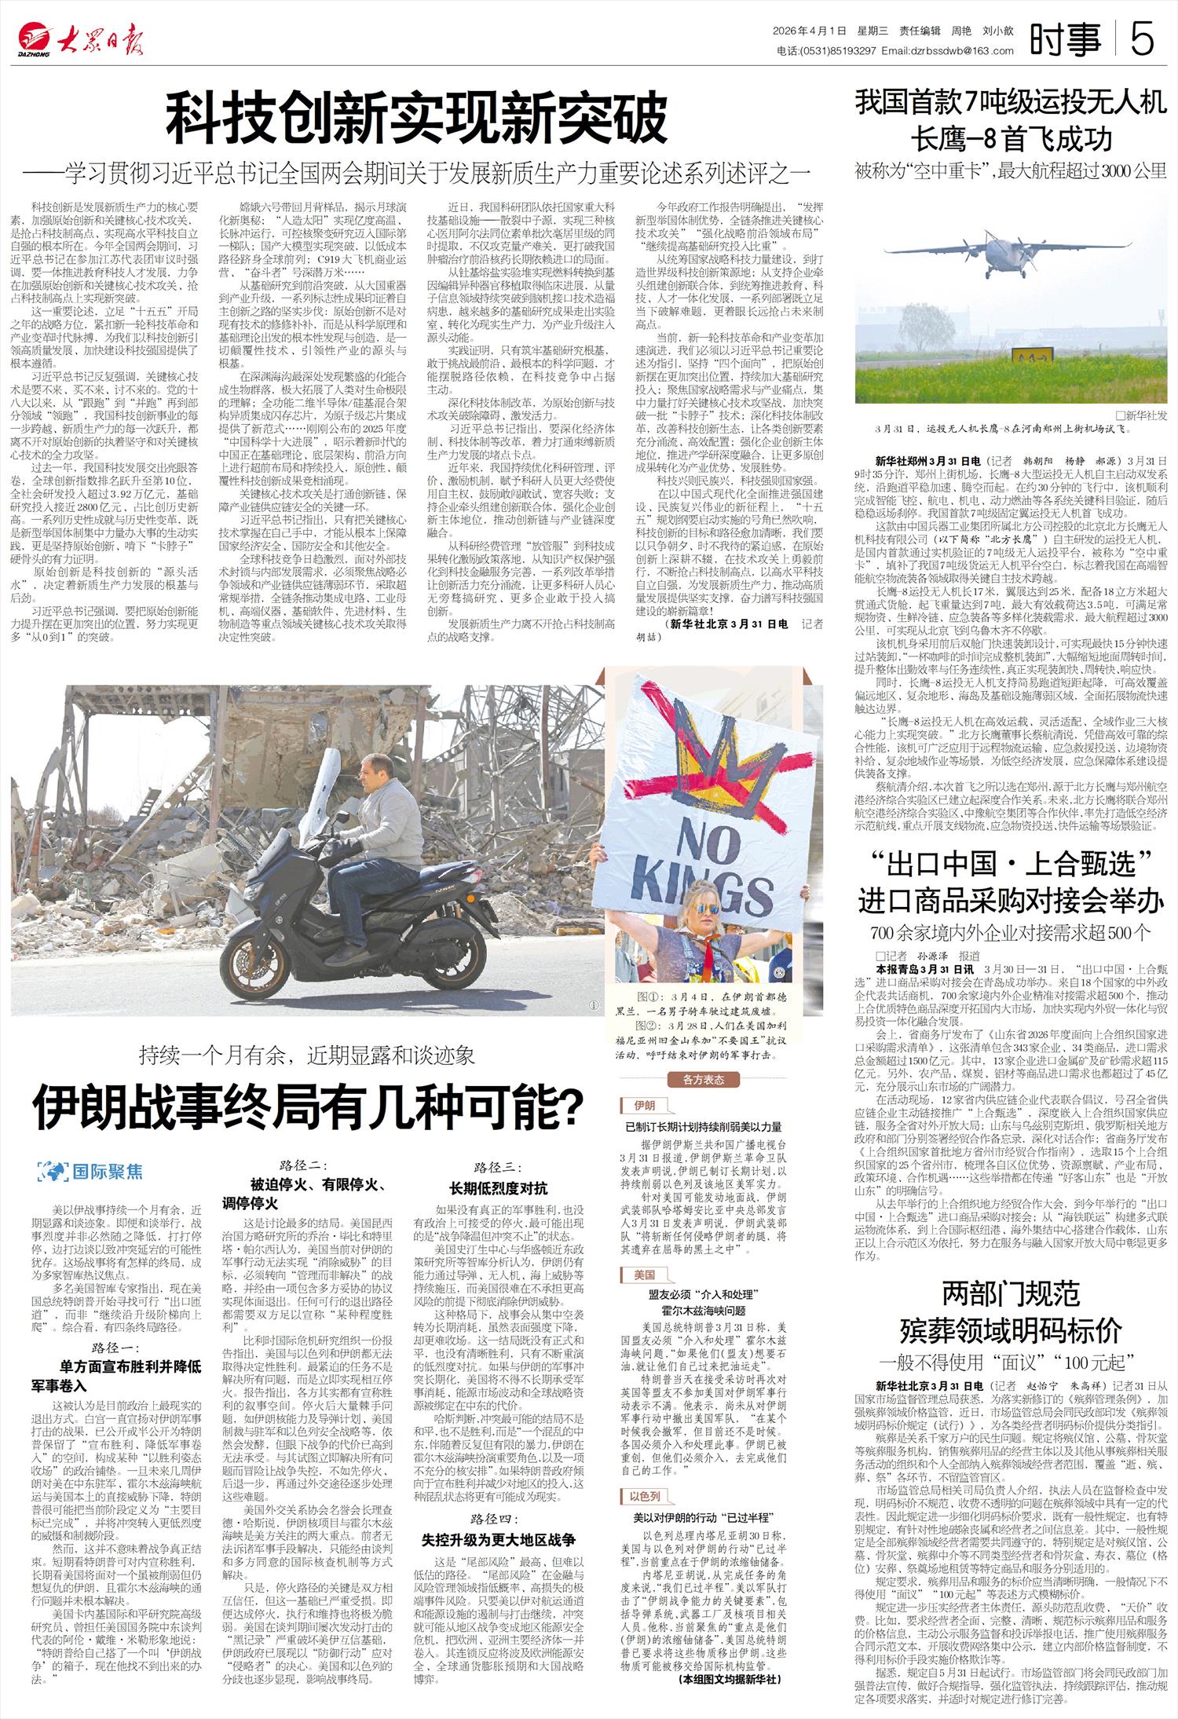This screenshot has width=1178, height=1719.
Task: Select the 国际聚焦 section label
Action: click(91, 1172)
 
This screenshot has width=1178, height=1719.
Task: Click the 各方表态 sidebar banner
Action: click(703, 1079)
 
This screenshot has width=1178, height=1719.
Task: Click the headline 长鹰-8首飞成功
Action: click(1011, 139)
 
